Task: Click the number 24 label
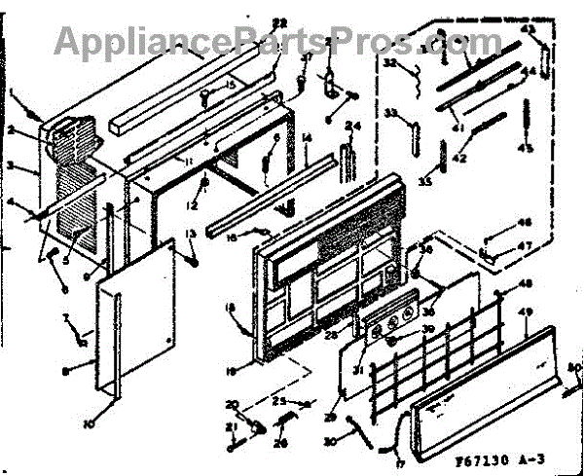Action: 351,126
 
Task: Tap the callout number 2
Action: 35,129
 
